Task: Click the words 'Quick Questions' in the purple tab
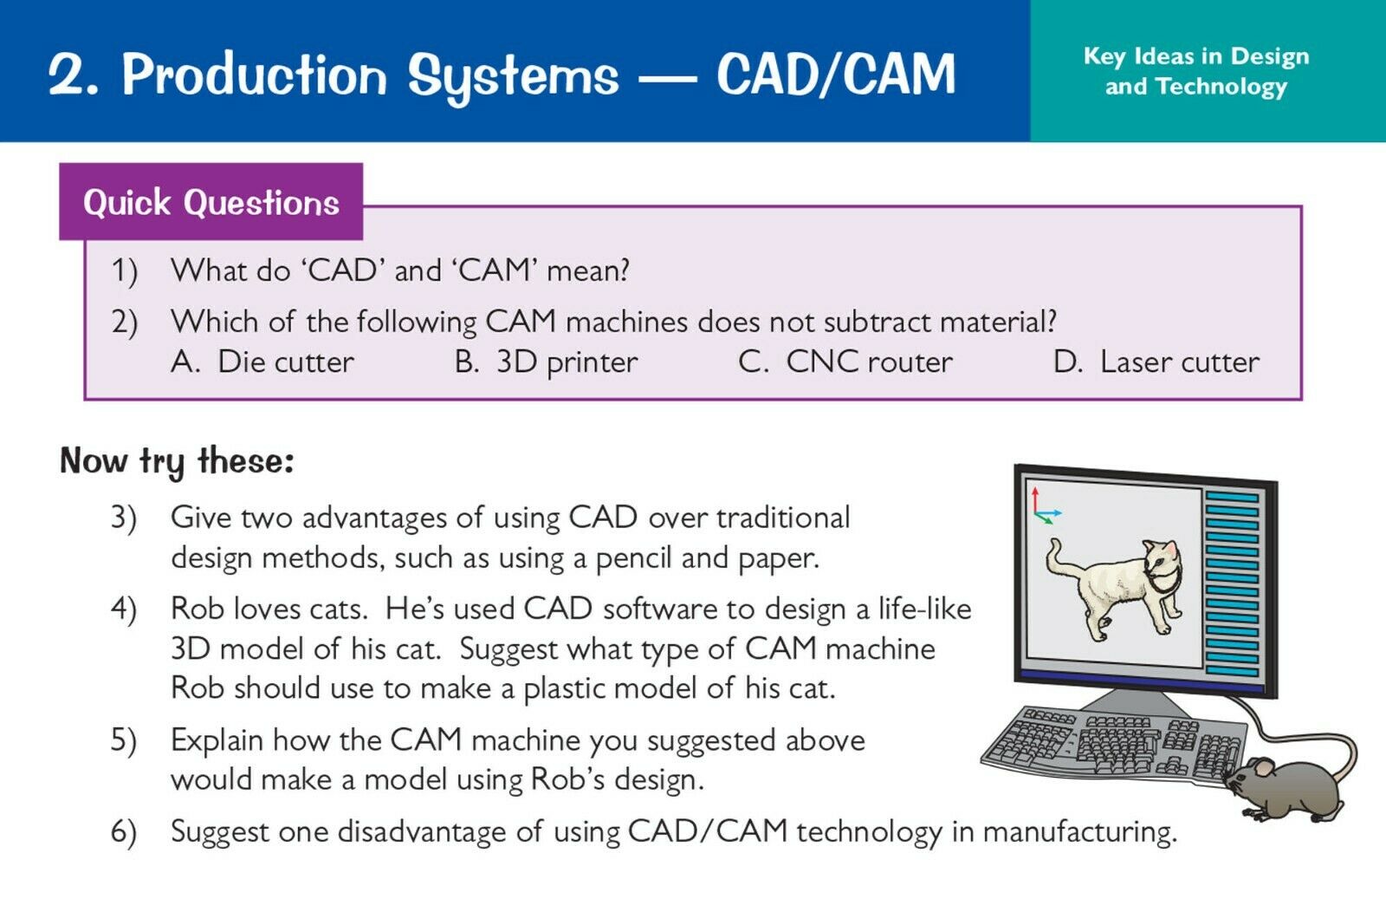[x=211, y=203]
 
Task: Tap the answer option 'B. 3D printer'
[x=546, y=362]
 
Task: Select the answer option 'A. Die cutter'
[x=262, y=362]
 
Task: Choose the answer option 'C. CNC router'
[x=845, y=362]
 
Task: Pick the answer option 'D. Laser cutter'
[x=1156, y=362]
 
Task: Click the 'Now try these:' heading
[x=177, y=461]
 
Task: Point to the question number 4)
[x=124, y=609]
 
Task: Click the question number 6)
[x=124, y=831]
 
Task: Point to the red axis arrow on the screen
[x=1035, y=499]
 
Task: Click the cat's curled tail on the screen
[x=1059, y=557]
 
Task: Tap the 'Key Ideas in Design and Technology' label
[x=1196, y=71]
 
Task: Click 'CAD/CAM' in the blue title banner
[x=836, y=75]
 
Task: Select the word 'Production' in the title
[x=255, y=75]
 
